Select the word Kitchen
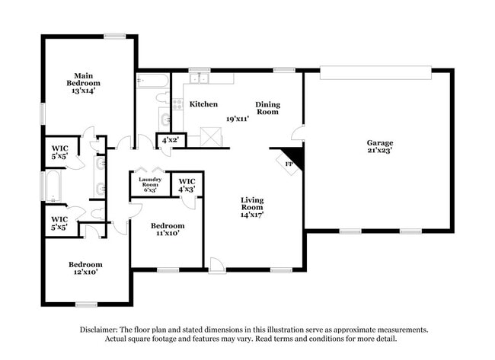point(203,104)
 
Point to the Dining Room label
point(267,108)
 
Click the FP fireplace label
point(289,164)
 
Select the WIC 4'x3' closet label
point(187,184)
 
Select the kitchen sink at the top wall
point(200,78)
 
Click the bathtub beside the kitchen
point(152,80)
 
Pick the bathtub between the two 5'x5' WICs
point(53,186)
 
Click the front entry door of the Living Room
point(217,264)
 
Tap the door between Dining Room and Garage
point(298,133)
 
